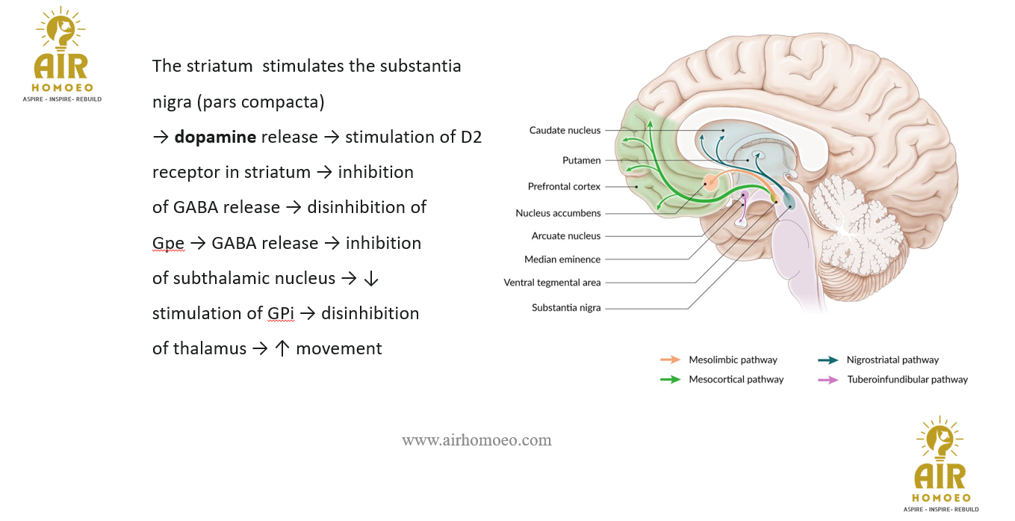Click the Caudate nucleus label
pyautogui.click(x=565, y=130)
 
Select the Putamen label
pyautogui.click(x=581, y=160)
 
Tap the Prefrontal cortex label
pyautogui.click(x=564, y=186)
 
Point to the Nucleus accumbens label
pyautogui.click(x=558, y=213)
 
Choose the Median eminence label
pyautogui.click(x=562, y=259)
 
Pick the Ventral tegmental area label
pyautogui.click(x=552, y=283)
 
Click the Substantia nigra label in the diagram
pyautogui.click(x=566, y=307)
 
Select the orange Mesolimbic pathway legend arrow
pyautogui.click(x=670, y=360)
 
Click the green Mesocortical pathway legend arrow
pyautogui.click(x=670, y=379)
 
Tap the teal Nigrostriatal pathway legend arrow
pyautogui.click(x=828, y=360)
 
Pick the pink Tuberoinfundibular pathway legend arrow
pyautogui.click(x=828, y=379)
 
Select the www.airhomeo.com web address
pyautogui.click(x=477, y=440)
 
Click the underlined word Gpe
pyautogui.click(x=168, y=244)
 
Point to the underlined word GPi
pyautogui.click(x=281, y=314)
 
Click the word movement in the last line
pyautogui.click(x=339, y=348)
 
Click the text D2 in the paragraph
pyautogui.click(x=471, y=138)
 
